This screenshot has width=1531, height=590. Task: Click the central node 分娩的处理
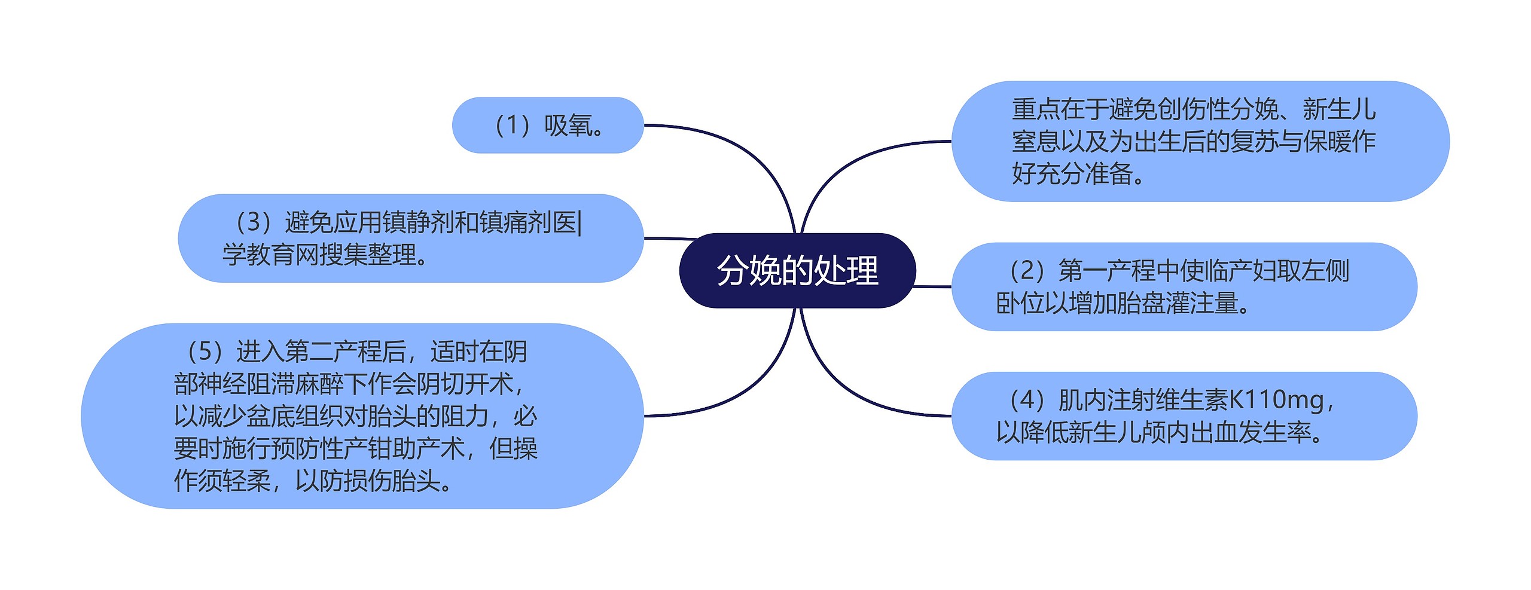797,270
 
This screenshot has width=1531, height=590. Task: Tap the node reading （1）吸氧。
547,126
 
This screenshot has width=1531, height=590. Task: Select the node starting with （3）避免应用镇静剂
410,238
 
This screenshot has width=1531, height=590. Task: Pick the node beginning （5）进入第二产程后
362,415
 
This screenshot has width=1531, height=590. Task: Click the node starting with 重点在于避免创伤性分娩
1200,141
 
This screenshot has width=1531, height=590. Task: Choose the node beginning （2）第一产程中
1184,286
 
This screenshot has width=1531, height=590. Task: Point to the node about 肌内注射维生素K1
1184,415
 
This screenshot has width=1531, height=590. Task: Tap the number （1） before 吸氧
512,126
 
